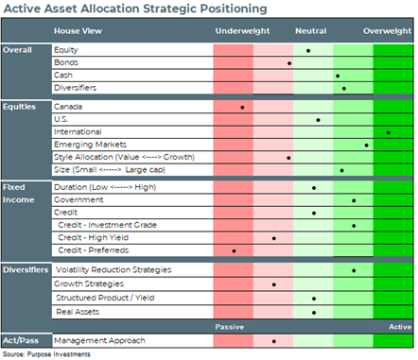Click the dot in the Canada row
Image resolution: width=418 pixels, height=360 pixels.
click(242, 108)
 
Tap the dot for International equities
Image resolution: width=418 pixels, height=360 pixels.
click(388, 132)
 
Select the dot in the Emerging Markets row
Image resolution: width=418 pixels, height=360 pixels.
click(366, 146)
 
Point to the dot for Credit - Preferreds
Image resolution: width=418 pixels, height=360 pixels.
click(234, 251)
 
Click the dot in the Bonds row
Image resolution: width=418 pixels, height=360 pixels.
click(289, 63)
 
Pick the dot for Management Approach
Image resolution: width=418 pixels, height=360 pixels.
click(274, 341)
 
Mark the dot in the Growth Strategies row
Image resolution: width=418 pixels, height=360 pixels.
click(274, 284)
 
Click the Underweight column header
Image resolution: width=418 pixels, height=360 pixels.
click(242, 31)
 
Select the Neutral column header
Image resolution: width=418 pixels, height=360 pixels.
click(311, 31)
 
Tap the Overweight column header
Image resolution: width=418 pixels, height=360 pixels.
click(388, 31)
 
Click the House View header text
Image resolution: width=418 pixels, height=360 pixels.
click(78, 31)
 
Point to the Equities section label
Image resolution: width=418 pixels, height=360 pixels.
click(19, 107)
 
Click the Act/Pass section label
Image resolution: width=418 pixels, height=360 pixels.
click(21, 340)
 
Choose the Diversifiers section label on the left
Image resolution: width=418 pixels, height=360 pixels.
click(26, 270)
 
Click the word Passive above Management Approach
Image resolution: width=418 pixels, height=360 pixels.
click(230, 327)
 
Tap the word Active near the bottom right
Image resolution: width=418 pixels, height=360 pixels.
click(400, 327)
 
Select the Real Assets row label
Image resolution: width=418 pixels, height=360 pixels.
click(78, 312)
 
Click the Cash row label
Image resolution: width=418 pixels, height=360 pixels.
click(63, 75)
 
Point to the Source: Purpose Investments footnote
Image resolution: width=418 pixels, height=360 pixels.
click(46, 354)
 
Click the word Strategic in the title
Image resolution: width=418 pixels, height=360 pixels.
click(161, 9)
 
